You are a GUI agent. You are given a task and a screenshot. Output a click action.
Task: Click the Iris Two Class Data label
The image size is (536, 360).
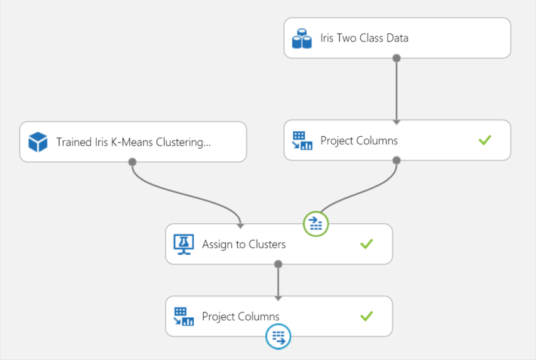click(x=364, y=38)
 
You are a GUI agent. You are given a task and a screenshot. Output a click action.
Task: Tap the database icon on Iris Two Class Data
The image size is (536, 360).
click(x=302, y=38)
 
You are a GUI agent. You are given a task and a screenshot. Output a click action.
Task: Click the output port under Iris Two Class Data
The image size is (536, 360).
click(x=397, y=58)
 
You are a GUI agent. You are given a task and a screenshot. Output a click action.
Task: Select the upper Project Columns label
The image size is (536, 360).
click(x=359, y=141)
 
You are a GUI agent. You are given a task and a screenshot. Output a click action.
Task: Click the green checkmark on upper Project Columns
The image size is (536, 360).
click(x=484, y=140)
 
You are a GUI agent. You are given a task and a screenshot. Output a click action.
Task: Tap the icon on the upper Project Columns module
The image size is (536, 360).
click(x=302, y=141)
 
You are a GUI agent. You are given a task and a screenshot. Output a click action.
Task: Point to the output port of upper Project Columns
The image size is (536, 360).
click(x=397, y=160)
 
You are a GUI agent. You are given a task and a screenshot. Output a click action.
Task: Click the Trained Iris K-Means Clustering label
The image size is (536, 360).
click(x=133, y=142)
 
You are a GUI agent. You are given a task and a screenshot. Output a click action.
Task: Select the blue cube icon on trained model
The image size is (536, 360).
click(x=38, y=142)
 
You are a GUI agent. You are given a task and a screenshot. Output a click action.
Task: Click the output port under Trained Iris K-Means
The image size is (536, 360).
click(x=132, y=162)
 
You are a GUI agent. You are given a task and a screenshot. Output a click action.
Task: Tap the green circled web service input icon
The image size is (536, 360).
click(x=316, y=224)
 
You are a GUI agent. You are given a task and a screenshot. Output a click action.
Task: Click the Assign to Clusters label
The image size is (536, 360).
click(x=243, y=244)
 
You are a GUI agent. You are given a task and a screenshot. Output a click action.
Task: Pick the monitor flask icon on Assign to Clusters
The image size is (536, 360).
click(x=184, y=244)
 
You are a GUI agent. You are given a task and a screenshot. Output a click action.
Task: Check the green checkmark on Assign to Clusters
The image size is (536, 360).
click(x=366, y=243)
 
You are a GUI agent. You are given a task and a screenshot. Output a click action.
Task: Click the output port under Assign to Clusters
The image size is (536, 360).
click(x=279, y=264)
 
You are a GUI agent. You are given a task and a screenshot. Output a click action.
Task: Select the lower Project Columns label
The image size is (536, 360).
click(x=240, y=316)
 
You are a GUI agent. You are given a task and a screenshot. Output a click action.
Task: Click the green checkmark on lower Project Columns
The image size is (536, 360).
click(x=366, y=316)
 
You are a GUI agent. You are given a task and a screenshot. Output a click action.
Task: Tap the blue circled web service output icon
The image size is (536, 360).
click(x=278, y=337)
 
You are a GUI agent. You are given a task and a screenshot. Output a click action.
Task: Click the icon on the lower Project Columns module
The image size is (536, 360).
click(x=184, y=316)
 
